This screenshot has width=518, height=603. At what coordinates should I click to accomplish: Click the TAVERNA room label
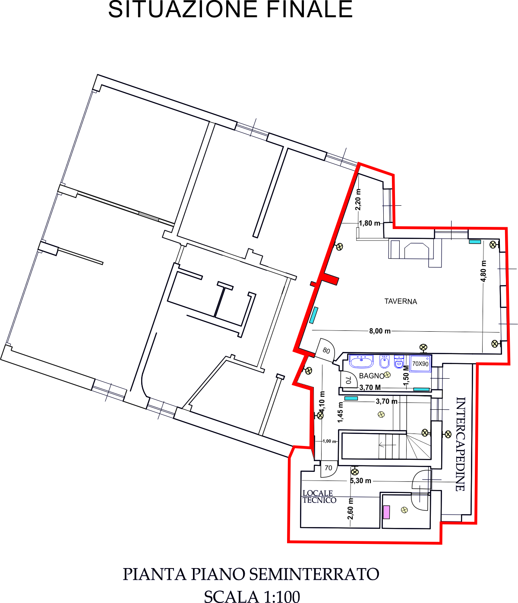coord(401,301)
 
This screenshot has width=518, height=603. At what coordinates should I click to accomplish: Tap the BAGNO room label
coord(371,376)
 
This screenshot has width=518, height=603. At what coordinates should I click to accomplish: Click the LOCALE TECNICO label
coord(319,496)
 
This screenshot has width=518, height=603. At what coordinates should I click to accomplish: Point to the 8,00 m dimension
coord(379,331)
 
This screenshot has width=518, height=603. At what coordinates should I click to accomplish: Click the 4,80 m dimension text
coord(483,271)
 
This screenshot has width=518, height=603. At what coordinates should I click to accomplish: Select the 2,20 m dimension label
coord(358,200)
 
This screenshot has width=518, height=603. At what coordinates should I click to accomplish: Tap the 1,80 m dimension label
coord(370,223)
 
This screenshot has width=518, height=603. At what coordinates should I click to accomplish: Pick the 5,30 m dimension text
coord(360,481)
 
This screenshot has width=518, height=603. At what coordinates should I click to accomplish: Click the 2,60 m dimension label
coord(351,509)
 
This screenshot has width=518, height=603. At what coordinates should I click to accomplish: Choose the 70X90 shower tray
coord(420,364)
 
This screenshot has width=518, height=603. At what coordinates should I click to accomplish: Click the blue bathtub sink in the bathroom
coord(361,361)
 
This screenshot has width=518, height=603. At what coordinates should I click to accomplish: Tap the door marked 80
coord(325,350)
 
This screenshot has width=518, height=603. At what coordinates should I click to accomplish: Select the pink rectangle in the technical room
coord(386,512)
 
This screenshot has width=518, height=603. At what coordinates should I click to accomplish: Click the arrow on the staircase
coord(387,445)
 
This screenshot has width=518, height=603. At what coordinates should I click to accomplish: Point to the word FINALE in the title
coord(310,9)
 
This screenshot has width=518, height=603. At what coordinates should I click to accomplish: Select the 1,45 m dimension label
coord(341,412)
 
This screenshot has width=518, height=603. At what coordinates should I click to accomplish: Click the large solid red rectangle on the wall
coord(330,279)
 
